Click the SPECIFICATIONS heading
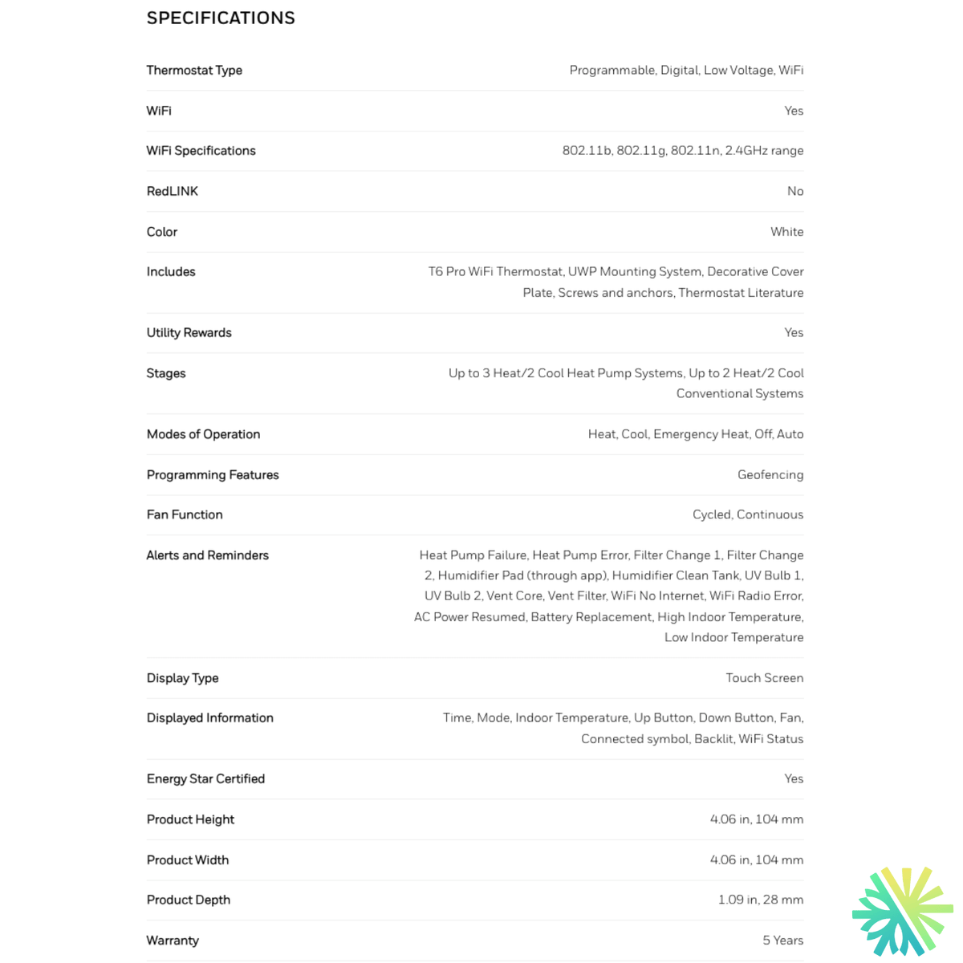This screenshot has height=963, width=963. tap(221, 18)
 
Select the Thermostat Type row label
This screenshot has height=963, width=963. tap(194, 71)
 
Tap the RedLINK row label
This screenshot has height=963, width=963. tap(172, 191)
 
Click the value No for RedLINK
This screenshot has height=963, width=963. tap(794, 191)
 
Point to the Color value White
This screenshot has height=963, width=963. tap(786, 232)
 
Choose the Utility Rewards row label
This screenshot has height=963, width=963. tap(189, 333)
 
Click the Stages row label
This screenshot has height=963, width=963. tap(166, 373)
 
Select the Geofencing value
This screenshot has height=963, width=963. tap(770, 475)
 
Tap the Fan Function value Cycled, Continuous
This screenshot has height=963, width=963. tap(747, 515)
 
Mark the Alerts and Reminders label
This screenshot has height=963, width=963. tap(207, 555)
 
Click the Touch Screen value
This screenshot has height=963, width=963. tap(764, 678)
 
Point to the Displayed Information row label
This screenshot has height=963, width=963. tap(209, 718)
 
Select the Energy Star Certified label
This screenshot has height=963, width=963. tap(205, 779)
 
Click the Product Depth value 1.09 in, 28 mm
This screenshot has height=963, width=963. tap(760, 900)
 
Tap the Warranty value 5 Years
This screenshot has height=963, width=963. tap(782, 941)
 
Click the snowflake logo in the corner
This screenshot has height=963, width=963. tap(902, 911)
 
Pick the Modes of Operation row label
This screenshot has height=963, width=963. tap(203, 435)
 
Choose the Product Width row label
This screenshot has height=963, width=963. tap(188, 860)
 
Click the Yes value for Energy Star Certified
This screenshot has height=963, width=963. tap(793, 779)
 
